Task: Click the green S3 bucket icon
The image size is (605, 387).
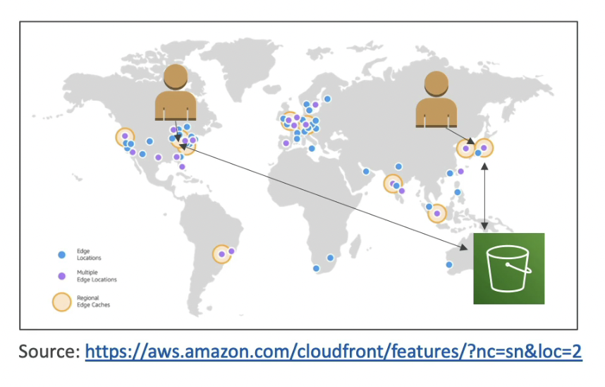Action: tap(509, 268)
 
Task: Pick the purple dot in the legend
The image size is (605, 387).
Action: tap(61, 276)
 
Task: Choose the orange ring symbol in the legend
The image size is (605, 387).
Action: tap(61, 302)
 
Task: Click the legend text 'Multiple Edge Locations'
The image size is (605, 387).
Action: tap(96, 276)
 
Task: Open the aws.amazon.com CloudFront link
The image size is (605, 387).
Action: tap(334, 352)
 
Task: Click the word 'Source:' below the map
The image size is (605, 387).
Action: tap(49, 352)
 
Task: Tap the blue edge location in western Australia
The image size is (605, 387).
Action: tap(448, 265)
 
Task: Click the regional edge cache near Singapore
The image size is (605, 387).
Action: tap(437, 213)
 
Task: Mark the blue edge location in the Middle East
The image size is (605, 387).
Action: tap(366, 172)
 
